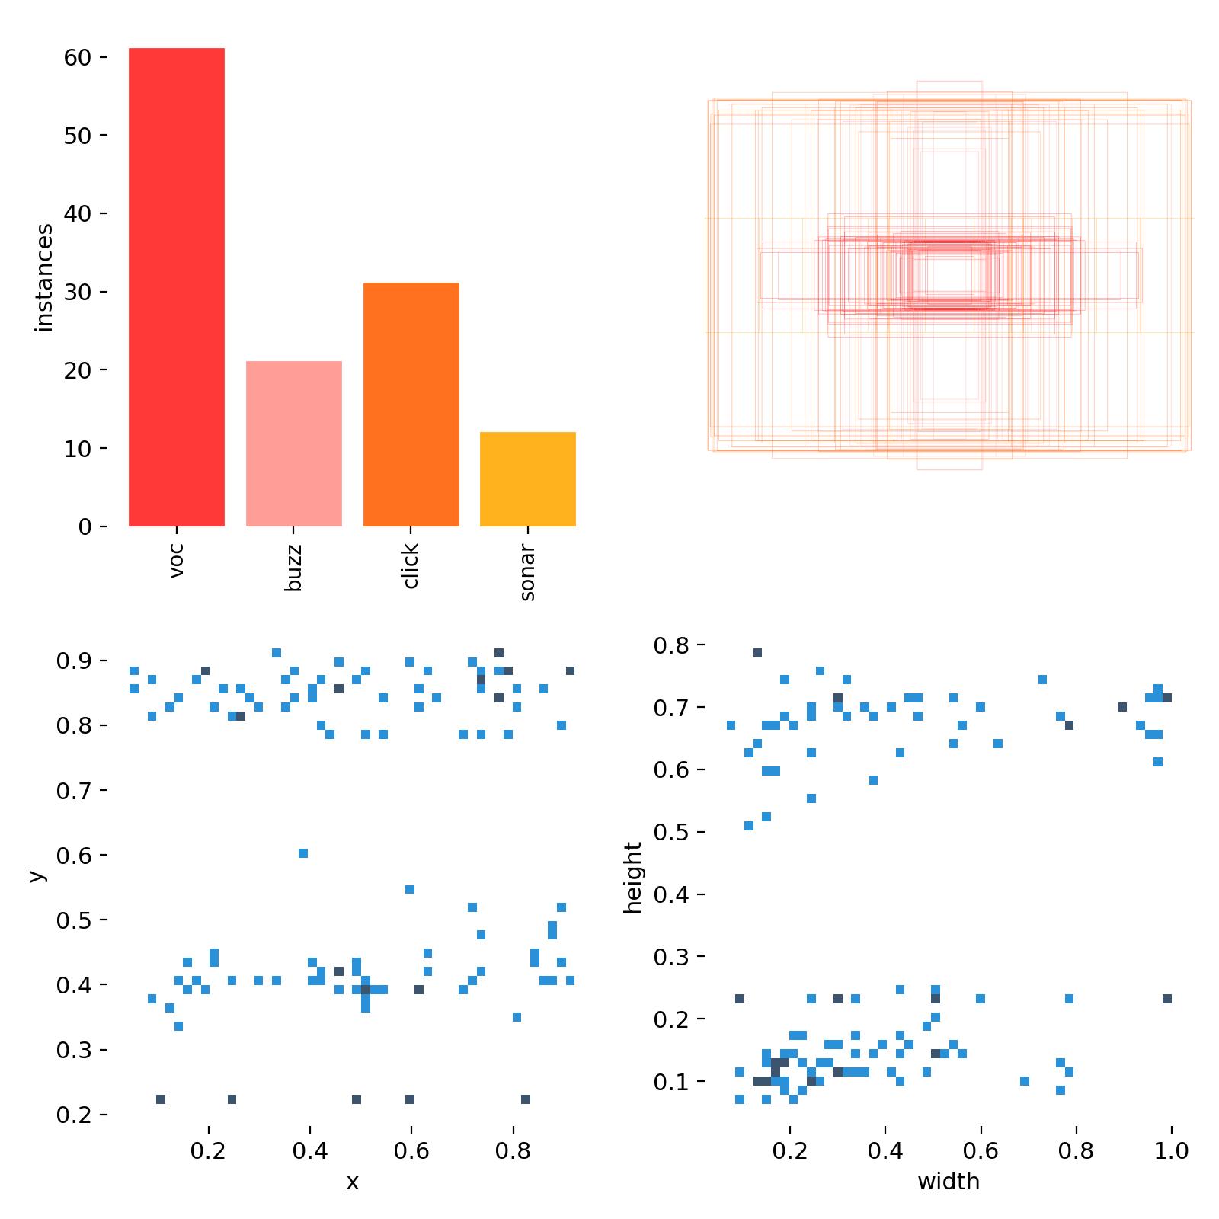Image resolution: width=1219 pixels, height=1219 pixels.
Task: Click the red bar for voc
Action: click(176, 287)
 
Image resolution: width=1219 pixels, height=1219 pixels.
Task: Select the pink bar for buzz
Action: click(293, 443)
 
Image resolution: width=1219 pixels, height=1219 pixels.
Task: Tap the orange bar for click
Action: click(411, 405)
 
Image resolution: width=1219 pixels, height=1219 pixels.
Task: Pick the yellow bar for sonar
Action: click(527, 479)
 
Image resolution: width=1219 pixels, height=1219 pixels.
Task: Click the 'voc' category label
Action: click(176, 560)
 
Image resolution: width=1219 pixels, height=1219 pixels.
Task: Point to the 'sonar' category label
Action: click(527, 572)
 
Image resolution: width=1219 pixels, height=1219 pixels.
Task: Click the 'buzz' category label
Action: click(293, 568)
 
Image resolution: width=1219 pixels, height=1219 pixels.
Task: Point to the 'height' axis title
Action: click(632, 878)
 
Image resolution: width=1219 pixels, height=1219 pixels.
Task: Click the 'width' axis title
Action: click(948, 1182)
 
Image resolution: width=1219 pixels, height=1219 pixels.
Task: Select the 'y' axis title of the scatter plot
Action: click(35, 876)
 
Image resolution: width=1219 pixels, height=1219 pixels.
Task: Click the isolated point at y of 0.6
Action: click(303, 853)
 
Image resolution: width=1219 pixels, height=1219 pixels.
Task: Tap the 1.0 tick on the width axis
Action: click(1171, 1150)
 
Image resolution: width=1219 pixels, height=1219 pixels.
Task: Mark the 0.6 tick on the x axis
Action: click(411, 1150)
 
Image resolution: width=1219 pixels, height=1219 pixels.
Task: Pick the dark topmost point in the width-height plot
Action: click(757, 653)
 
